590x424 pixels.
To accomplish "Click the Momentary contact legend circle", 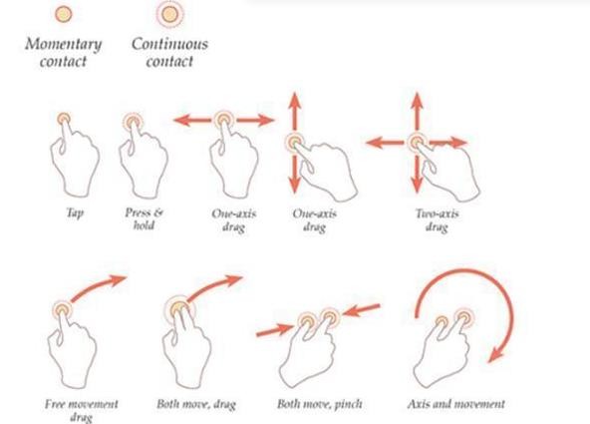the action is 63,14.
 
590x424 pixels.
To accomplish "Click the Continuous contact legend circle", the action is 169,14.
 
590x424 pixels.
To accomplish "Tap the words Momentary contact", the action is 63,52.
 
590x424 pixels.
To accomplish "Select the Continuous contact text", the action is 169,52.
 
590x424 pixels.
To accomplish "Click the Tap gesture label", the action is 75,213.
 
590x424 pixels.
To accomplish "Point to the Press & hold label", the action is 145,218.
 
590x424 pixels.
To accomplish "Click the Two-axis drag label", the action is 437,220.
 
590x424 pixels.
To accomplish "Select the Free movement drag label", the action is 82,410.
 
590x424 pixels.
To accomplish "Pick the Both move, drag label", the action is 196,404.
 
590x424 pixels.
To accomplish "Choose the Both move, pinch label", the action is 320,404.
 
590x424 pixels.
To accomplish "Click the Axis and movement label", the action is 455,404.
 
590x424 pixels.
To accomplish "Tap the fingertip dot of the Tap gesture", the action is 64,119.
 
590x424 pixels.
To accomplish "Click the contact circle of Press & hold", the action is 133,122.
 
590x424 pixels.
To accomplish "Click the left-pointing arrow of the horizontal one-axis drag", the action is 192,121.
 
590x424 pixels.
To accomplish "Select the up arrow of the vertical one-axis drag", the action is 295,112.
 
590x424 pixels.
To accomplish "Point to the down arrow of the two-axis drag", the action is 417,175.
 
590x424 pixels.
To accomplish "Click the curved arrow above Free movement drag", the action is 97,287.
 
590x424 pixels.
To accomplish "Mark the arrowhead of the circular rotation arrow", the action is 496,355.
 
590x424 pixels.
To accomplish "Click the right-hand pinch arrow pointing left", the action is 361,310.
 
